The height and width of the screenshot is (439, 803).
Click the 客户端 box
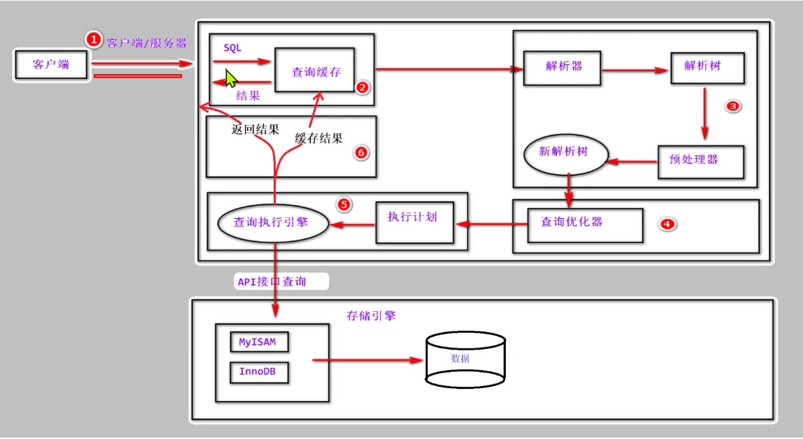coord(51,65)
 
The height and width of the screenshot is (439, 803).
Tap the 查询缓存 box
coord(315,71)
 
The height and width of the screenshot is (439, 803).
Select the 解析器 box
coord(563,66)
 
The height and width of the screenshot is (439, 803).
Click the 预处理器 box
coord(699,160)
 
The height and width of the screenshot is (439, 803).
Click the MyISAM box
coord(258,342)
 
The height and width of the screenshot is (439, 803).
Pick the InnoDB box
coord(258,372)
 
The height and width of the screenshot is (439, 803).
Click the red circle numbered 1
coord(93,39)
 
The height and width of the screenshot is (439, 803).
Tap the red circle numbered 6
coord(361,153)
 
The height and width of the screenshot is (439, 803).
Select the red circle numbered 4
coord(666,224)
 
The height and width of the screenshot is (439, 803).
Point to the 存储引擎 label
coord(371,316)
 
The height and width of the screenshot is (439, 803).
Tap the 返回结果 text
coord(255,129)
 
